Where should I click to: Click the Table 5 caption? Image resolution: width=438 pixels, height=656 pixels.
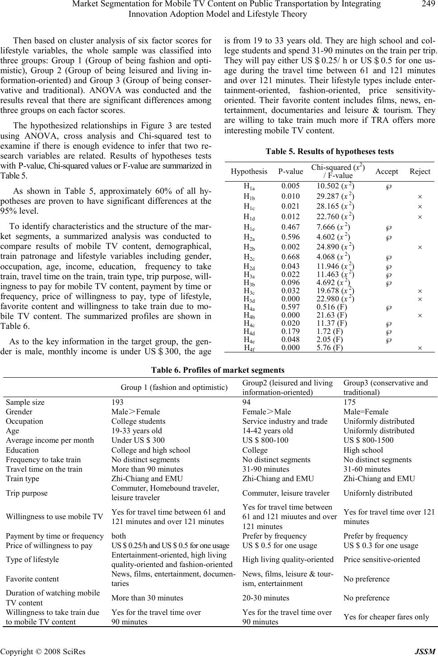click(330, 151)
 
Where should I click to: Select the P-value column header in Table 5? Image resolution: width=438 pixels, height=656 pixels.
click(291, 171)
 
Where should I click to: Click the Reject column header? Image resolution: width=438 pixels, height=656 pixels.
click(419, 171)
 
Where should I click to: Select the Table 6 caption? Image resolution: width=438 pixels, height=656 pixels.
click(218, 370)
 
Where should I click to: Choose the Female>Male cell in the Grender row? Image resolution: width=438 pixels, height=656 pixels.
click(267, 412)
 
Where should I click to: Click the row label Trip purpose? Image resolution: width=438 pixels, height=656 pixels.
click(27, 493)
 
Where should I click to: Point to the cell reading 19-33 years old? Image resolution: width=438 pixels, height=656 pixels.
click(136, 431)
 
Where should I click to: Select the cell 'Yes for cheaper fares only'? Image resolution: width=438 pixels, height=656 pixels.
click(388, 617)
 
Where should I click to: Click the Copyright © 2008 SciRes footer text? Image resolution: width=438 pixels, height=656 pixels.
click(43, 651)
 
